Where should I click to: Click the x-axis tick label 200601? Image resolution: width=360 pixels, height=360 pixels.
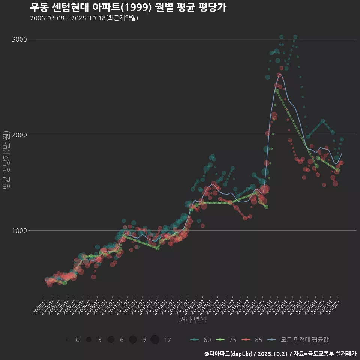(40, 306)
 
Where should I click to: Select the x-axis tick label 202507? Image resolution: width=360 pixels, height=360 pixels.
(334, 306)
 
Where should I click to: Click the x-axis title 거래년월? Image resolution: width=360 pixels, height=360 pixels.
(193, 320)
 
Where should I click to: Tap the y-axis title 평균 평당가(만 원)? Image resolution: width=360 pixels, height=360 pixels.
(6, 161)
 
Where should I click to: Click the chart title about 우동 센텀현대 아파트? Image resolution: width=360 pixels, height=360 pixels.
(128, 7)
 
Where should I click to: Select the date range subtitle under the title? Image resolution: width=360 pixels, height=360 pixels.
(84, 18)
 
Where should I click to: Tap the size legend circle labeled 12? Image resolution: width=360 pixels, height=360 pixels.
(155, 340)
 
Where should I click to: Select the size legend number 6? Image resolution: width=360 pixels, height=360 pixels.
(122, 340)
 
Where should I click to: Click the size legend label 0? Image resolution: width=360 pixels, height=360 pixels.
(78, 340)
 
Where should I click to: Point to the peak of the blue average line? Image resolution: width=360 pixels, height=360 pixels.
(279, 75)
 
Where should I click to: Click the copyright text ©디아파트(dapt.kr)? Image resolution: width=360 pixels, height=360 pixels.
(229, 354)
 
